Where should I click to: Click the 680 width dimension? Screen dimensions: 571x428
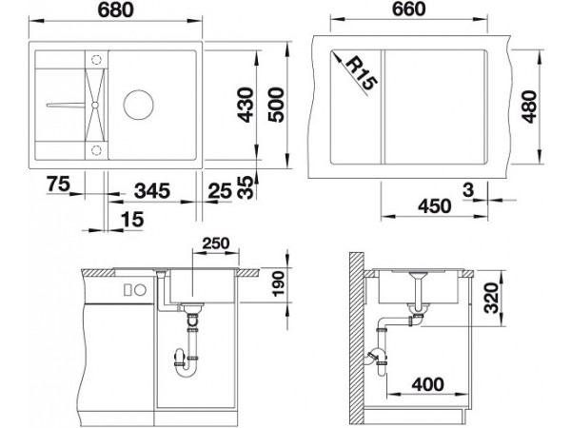pos(116,10)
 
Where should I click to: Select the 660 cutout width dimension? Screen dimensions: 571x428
pos(408,9)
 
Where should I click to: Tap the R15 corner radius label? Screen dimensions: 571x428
pos(361,74)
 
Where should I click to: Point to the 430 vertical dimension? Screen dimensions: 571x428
pos(246,105)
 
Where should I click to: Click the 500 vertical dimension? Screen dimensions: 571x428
pos(276,105)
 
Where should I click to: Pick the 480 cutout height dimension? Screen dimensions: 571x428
pos(529,107)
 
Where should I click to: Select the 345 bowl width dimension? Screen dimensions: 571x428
pos(152,191)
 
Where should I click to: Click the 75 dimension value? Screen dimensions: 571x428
pos(58,184)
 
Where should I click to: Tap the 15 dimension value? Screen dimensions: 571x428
pos(132,219)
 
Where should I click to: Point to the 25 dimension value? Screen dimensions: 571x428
pos(220,191)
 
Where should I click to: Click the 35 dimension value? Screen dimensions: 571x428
pos(246,187)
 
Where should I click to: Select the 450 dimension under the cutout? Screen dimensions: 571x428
pos(435,206)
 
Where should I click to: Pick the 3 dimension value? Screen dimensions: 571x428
pos(468,189)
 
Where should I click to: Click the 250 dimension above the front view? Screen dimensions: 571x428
pos(216,243)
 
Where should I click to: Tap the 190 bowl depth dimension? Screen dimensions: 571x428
pos(278,283)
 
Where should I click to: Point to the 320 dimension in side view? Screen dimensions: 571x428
pos(492,298)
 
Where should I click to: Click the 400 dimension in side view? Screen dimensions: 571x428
pos(428,384)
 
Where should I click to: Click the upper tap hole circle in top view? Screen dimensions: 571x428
pos(96,59)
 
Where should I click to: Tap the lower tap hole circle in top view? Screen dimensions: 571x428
pos(96,149)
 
